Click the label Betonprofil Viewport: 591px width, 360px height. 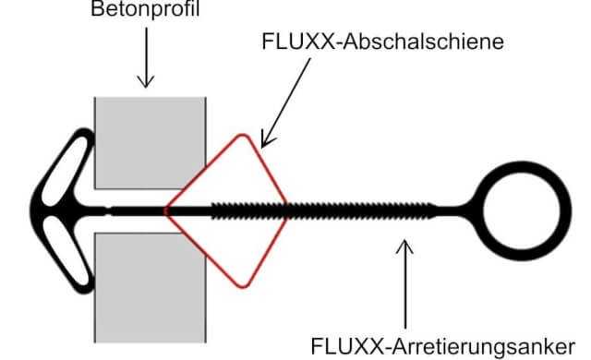point(142,11)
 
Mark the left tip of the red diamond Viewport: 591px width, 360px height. point(167,210)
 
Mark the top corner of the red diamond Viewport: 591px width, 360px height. point(244,137)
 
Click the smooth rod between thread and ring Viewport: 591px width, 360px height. point(452,210)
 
